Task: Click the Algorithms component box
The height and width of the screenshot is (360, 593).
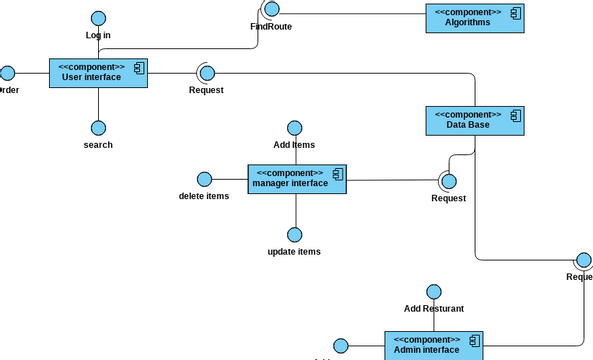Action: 475,18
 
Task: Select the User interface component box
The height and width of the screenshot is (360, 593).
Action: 98,73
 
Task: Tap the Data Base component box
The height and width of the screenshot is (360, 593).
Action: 474,119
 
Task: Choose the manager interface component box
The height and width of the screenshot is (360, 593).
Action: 297,179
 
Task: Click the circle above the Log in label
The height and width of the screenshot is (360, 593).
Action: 98,18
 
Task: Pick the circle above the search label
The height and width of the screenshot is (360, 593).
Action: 98,128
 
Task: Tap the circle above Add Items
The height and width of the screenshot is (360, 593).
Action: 294,128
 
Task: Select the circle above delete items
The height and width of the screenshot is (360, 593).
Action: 204,179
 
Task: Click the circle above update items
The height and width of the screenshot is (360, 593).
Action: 294,234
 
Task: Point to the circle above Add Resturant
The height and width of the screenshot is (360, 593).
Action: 433,291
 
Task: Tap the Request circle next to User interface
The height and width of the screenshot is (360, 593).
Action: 206,72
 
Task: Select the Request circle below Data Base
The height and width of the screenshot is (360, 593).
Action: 448,181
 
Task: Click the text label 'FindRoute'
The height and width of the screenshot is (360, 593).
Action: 271,27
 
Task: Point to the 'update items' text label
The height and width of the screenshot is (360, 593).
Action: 294,251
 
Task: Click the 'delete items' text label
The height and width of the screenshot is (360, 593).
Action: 204,196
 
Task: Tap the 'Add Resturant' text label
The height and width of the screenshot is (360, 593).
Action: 433,309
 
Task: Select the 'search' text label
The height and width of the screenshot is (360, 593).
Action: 98,145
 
